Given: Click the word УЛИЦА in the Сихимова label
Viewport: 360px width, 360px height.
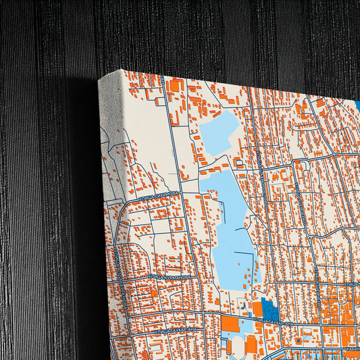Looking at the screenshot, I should (148, 198).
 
